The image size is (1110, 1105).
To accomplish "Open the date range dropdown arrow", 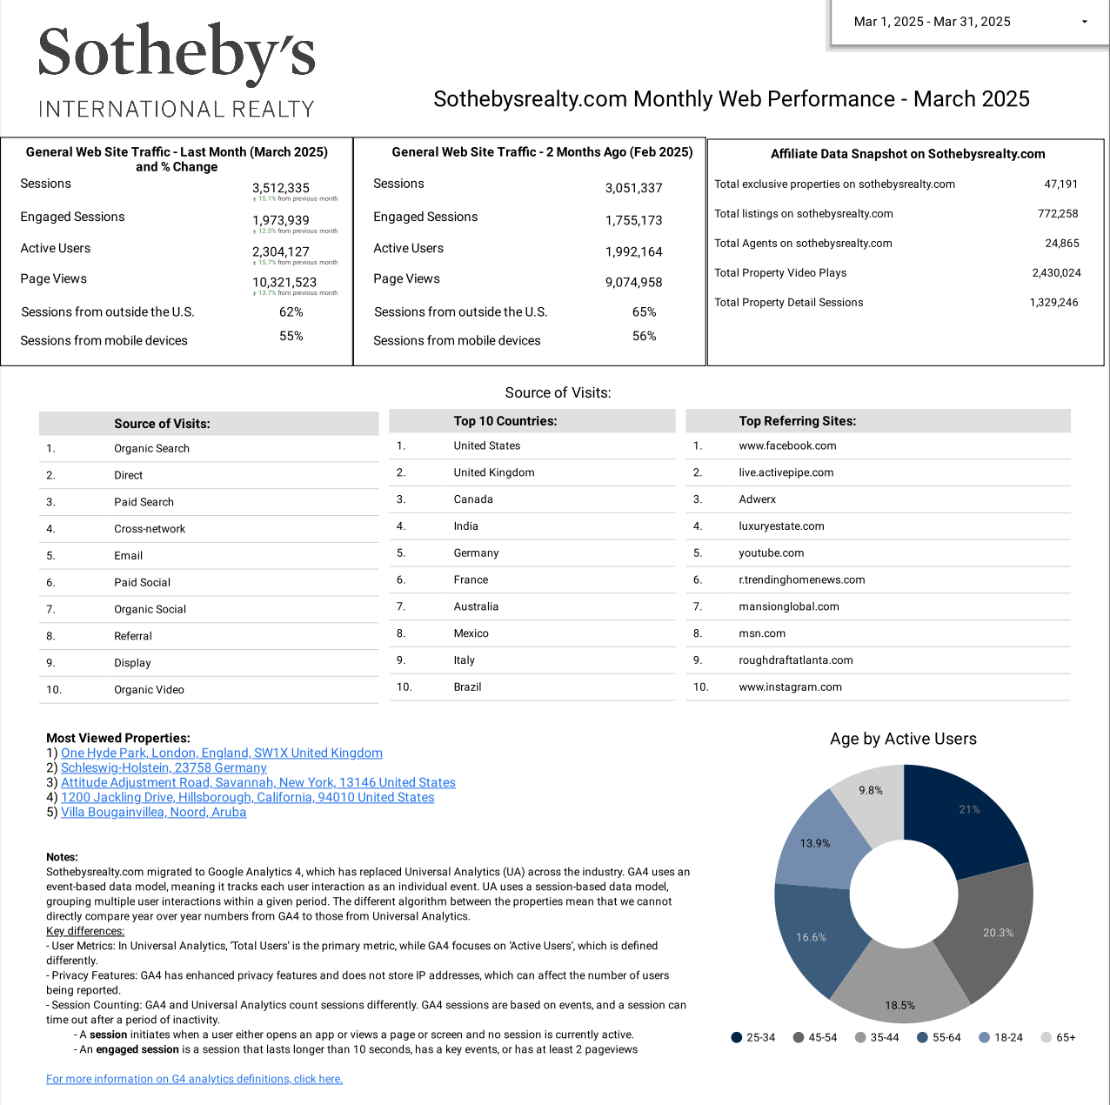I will point(1084,22).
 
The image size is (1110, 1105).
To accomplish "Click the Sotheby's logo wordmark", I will point(177,53).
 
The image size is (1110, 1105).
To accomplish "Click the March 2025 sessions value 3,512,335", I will point(281,188).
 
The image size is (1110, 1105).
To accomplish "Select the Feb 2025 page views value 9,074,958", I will point(633,282).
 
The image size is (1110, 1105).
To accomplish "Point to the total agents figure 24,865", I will point(1061,244).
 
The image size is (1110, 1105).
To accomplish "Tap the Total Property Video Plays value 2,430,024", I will point(1056,273).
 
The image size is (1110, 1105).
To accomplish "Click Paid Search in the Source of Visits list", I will point(144,502).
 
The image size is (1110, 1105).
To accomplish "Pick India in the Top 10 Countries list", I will point(465,526).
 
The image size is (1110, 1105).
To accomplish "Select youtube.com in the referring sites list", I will point(771,553).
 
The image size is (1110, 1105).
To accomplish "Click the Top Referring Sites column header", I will point(797,421).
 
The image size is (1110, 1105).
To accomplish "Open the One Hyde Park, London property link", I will point(221,753).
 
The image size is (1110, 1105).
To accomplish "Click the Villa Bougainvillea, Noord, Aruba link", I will point(153,813).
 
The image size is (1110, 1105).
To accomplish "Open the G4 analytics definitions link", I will point(194,1079).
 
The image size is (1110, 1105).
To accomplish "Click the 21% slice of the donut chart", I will point(966,818).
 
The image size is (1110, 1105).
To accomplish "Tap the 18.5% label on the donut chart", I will point(899,1006).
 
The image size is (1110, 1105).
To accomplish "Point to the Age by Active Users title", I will point(903,739).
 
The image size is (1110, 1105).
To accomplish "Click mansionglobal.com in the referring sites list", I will point(788,607).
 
